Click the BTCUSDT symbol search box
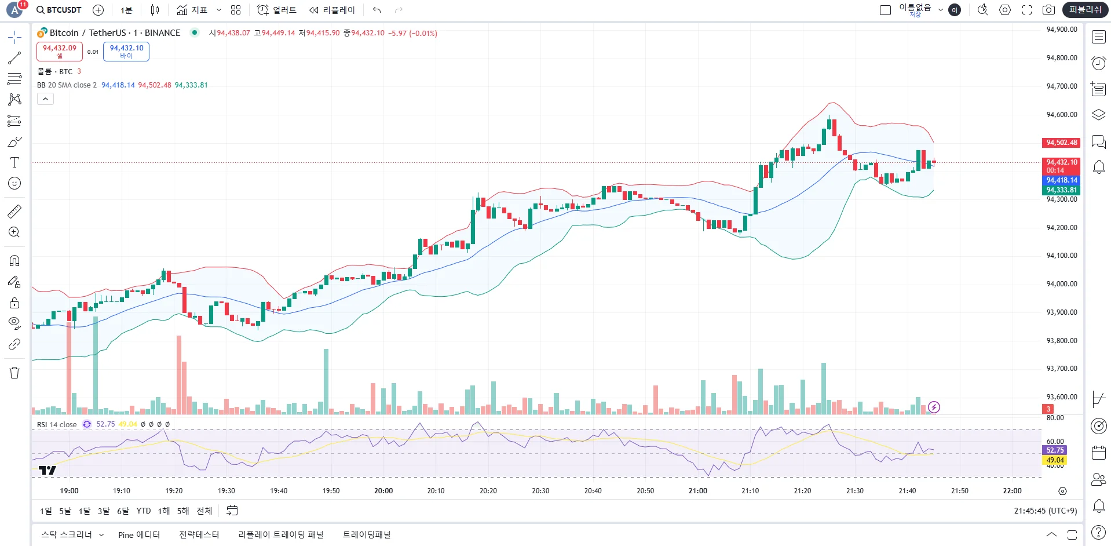(x=59, y=10)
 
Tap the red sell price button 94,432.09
(x=60, y=51)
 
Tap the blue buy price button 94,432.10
(x=126, y=51)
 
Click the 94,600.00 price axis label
(x=1061, y=115)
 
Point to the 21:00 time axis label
(x=697, y=491)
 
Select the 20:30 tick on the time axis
(x=540, y=491)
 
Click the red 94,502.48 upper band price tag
(x=1061, y=143)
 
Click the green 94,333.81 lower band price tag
(x=1061, y=190)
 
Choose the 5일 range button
(x=65, y=511)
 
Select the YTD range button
(x=144, y=511)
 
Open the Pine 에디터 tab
(x=139, y=535)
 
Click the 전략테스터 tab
(x=199, y=535)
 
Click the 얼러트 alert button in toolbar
(x=277, y=10)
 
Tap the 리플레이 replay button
(x=332, y=10)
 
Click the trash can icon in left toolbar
(x=14, y=373)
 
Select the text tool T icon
(x=14, y=162)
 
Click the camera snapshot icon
(x=1048, y=10)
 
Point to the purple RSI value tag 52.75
(x=1055, y=450)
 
